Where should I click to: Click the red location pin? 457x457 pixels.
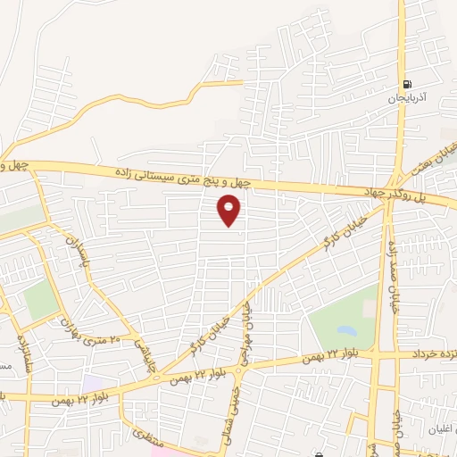230,211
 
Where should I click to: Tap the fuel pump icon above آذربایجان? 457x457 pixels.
407,77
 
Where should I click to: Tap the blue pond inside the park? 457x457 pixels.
345,332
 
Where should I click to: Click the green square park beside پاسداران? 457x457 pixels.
41,300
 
